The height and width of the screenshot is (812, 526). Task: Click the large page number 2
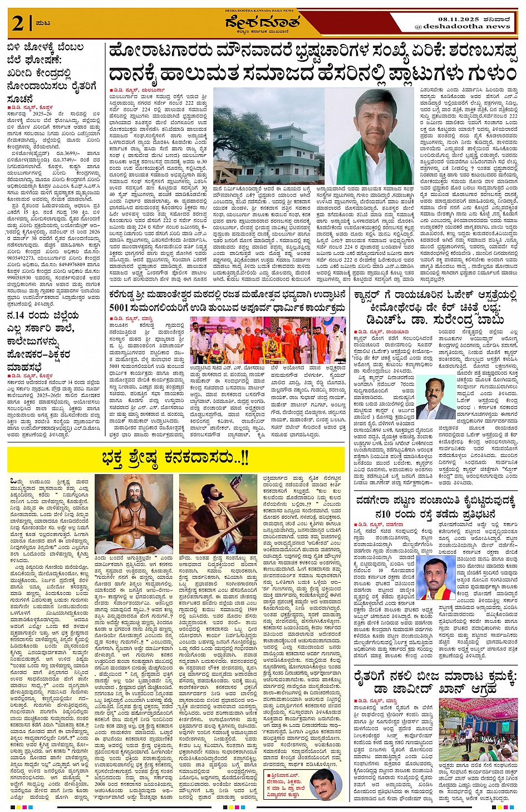pyautogui.click(x=18, y=23)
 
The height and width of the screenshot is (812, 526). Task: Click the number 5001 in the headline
pyautogui.click(x=119, y=307)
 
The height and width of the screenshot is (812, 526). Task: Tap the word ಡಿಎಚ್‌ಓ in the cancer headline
pyautogui.click(x=386, y=319)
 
